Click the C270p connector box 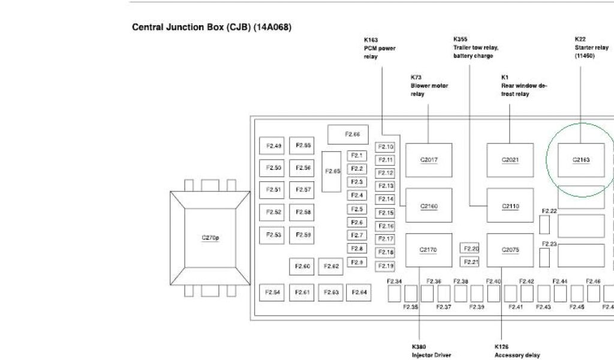click(x=210, y=238)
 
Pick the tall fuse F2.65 click(x=332, y=172)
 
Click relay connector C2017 click(x=429, y=160)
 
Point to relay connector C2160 click(x=429, y=206)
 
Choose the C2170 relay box click(x=429, y=250)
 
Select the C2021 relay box click(x=510, y=160)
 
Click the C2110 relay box click(x=510, y=206)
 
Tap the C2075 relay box click(x=510, y=250)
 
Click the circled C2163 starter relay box click(x=581, y=160)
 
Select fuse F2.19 click(x=386, y=266)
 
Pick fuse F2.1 click(x=357, y=156)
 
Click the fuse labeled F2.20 click(x=471, y=248)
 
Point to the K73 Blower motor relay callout click(x=429, y=86)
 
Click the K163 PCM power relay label click(x=380, y=48)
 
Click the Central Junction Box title click(x=211, y=27)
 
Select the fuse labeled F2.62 click(x=332, y=266)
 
